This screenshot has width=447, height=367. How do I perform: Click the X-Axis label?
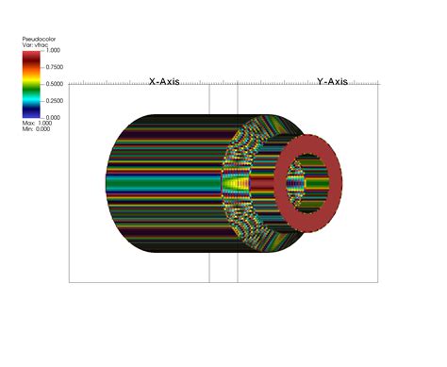(x=164, y=82)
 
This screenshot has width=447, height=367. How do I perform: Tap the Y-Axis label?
(x=332, y=82)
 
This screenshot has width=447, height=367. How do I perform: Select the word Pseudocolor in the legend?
(x=39, y=39)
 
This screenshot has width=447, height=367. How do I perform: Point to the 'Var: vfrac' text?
(x=35, y=45)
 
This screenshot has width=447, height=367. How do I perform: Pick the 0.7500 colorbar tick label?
(x=55, y=67)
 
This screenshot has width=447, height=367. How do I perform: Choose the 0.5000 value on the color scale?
(x=55, y=84)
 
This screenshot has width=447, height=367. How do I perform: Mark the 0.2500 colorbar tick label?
(x=55, y=101)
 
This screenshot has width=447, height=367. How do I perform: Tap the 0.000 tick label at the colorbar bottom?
(x=53, y=118)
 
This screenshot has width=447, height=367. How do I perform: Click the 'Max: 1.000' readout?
(x=37, y=123)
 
